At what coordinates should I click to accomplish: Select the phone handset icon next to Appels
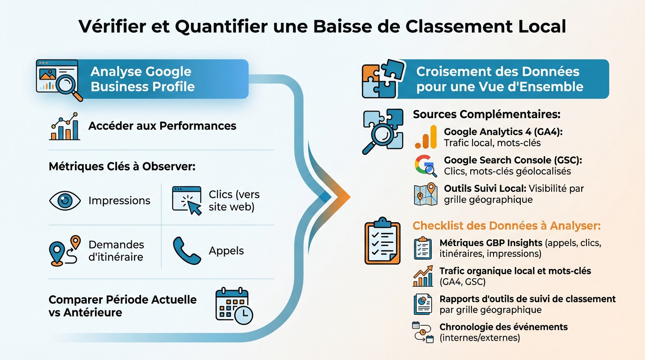(187, 250)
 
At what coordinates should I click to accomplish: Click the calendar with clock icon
(233, 306)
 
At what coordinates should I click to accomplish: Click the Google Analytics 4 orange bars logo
(426, 137)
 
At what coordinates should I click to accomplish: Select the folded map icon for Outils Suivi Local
(425, 194)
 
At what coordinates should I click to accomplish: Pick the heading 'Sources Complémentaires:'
(487, 114)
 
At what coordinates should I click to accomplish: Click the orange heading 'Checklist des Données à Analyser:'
(506, 225)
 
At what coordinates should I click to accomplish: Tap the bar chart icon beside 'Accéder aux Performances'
(64, 126)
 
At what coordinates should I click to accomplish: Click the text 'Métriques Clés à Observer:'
(122, 166)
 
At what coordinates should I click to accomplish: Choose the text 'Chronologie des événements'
(503, 327)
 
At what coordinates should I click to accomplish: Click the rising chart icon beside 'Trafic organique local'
(423, 276)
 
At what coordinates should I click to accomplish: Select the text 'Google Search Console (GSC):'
(513, 160)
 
